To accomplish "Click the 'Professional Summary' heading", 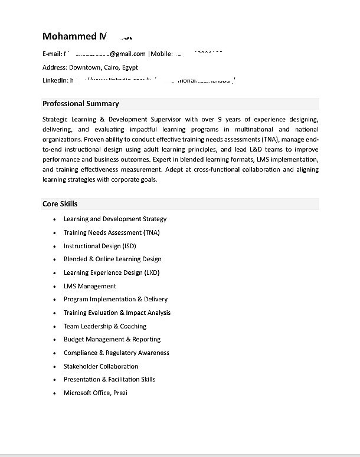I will coord(80,104).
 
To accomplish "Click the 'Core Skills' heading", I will coord(60,204).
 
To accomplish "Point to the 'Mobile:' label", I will coord(161,54).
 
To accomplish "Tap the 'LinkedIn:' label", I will coord(55,80).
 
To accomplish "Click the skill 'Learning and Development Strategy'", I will coord(115,219).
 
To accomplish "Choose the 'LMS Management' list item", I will coord(90,286).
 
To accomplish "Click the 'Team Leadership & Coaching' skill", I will coord(105,326).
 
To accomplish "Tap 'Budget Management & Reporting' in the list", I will coord(112,339).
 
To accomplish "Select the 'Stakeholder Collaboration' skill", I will coord(101,366).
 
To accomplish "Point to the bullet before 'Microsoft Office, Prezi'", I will coord(54,393).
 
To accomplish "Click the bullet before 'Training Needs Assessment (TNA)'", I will coord(54,233).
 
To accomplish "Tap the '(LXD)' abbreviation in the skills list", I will coord(152,272).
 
